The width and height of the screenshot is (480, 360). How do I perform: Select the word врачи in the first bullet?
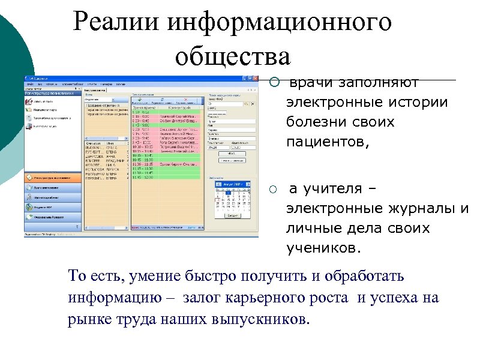click(x=311, y=82)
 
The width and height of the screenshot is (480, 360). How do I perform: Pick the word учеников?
click(x=324, y=248)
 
